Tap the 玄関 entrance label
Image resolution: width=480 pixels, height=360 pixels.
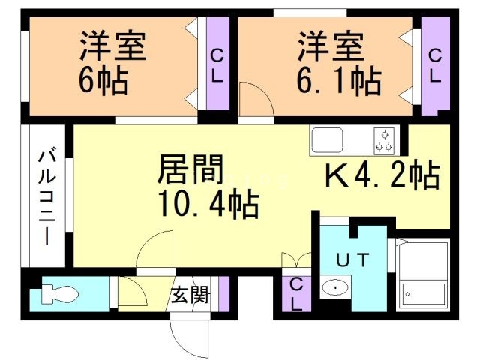[x=189, y=295]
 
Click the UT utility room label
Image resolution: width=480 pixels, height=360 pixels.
[x=352, y=260]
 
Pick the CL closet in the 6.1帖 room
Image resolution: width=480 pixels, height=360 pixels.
[x=435, y=66]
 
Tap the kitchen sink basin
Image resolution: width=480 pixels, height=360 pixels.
[x=328, y=139]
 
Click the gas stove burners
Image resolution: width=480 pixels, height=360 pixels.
[x=385, y=139]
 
